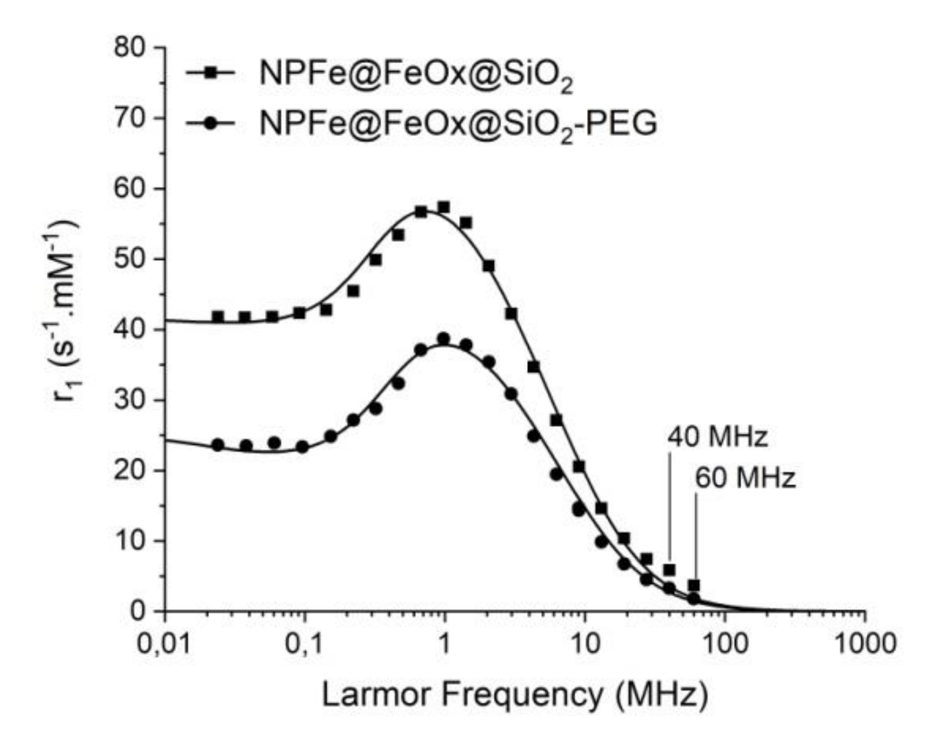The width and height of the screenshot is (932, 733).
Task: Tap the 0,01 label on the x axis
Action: pyautogui.click(x=164, y=644)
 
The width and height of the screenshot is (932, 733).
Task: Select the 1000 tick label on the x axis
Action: pyautogui.click(x=864, y=644)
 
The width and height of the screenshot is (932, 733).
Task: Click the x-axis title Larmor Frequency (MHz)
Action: pyautogui.click(x=514, y=694)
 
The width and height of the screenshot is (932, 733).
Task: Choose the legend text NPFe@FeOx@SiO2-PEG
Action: pyautogui.click(x=458, y=124)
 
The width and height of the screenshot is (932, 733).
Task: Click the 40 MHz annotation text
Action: pyautogui.click(x=718, y=437)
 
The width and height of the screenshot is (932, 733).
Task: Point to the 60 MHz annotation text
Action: pyautogui.click(x=745, y=479)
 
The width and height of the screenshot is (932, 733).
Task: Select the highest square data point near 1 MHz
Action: pyautogui.click(x=444, y=207)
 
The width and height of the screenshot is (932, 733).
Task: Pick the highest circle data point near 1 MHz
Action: pyautogui.click(x=444, y=339)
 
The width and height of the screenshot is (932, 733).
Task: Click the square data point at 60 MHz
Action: pyautogui.click(x=694, y=585)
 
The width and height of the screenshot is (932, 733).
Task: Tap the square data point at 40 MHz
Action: pyautogui.click(x=669, y=570)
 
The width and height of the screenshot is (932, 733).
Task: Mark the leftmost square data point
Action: pyautogui.click(x=218, y=317)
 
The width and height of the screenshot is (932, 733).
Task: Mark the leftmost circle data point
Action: pyautogui.click(x=218, y=445)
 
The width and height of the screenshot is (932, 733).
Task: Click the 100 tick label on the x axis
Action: pyautogui.click(x=724, y=644)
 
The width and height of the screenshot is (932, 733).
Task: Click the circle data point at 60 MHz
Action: pyautogui.click(x=694, y=598)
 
